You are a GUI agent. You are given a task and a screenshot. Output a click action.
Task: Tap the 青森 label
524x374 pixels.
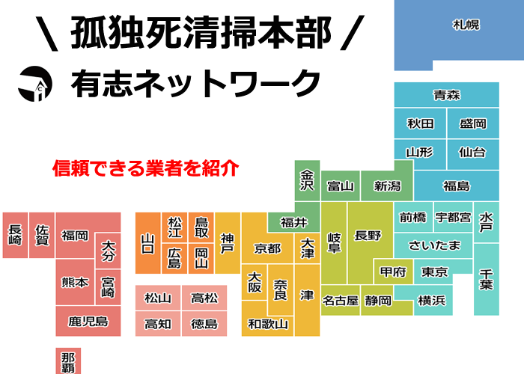point(446,95)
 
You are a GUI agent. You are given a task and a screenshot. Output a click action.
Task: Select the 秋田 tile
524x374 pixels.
point(421,123)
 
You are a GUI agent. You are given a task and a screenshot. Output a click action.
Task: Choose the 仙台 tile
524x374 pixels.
point(472,152)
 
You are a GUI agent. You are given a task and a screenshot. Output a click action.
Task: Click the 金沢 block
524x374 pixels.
point(307,180)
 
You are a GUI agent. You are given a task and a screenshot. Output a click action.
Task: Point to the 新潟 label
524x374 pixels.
point(387,186)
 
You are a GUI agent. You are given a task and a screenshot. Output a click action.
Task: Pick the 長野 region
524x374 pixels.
point(368,236)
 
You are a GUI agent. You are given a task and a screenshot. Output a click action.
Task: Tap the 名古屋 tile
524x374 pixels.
point(340,301)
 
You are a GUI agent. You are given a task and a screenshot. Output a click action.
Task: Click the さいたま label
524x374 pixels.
point(434,245)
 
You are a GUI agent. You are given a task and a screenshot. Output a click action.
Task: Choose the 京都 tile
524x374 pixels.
point(267,248)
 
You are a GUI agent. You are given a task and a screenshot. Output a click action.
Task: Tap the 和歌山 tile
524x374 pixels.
point(267,324)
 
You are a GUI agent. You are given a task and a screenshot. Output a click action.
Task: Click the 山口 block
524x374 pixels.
point(148,243)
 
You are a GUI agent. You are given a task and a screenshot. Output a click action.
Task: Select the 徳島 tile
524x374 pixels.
point(204,324)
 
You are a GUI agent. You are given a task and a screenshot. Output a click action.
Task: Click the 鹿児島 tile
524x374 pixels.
point(88,322)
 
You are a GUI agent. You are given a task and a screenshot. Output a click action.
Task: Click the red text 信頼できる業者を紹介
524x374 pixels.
point(145,168)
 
